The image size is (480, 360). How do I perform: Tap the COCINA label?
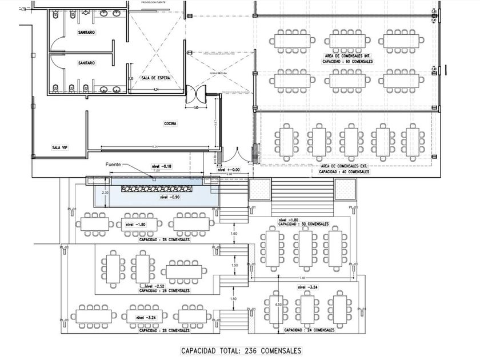pyautogui.click(x=170, y=123)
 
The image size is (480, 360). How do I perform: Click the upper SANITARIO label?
pyautogui.click(x=86, y=33)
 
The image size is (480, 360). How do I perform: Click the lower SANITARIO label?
pyautogui.click(x=86, y=63)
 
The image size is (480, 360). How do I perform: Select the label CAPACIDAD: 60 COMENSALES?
pyautogui.click(x=348, y=60)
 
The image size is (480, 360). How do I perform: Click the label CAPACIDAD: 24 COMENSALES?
pyautogui.click(x=309, y=330)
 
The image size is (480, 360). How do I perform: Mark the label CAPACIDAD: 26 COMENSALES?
pyautogui.click(x=166, y=290)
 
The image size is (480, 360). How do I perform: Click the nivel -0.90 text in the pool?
pyautogui.click(x=171, y=197)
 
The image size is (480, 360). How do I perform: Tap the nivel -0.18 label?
pyautogui.click(x=162, y=166)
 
